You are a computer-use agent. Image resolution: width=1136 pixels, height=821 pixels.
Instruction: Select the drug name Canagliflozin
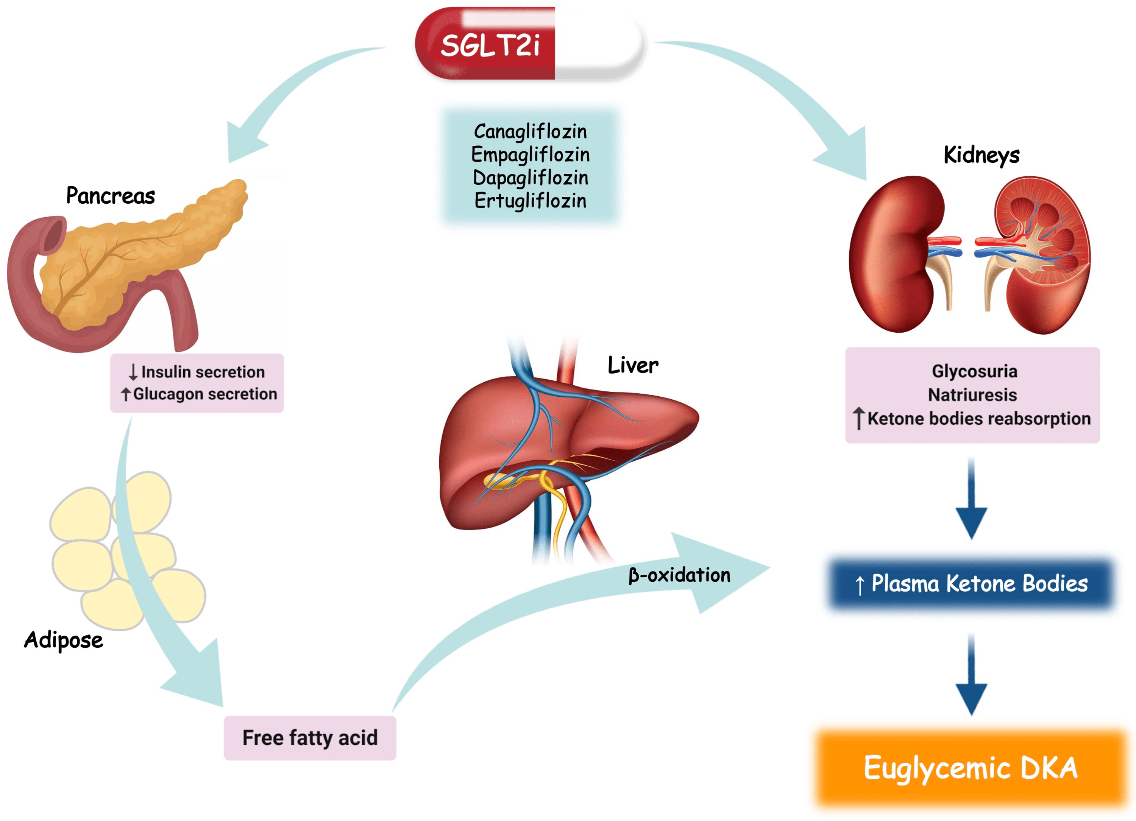[x=530, y=132]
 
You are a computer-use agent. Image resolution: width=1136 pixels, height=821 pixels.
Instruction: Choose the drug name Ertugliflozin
[x=530, y=201]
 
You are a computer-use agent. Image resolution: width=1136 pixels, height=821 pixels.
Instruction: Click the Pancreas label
[x=110, y=196]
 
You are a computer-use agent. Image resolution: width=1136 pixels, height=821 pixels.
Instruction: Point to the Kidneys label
[x=981, y=155]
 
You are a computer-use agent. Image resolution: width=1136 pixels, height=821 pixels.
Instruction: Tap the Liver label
[x=633, y=365]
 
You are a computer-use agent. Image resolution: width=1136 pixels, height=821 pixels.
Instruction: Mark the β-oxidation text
[x=679, y=575]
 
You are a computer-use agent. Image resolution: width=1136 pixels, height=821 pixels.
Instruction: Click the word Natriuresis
[x=972, y=395]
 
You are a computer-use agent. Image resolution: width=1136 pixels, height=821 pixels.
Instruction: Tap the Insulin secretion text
[x=202, y=372]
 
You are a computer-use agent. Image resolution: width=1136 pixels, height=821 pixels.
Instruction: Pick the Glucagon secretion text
[x=204, y=394]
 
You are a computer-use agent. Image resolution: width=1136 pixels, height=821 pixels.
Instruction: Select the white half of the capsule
[x=599, y=44]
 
